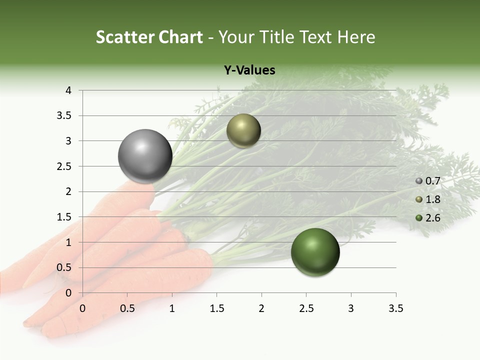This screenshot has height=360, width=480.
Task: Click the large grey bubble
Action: click(x=145, y=156)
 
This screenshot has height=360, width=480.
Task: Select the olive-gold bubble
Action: click(x=243, y=130)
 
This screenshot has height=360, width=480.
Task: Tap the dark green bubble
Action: click(x=315, y=252)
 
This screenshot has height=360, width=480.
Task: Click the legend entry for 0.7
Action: click(x=428, y=180)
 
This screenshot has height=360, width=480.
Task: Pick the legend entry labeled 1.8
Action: click(x=428, y=199)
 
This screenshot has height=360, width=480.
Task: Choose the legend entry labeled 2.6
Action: click(x=428, y=218)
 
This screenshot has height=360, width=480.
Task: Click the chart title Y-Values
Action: click(x=249, y=70)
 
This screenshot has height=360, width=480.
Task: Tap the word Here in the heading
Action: click(x=355, y=37)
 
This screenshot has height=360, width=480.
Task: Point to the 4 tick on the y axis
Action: click(x=68, y=90)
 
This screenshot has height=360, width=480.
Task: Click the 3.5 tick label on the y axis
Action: click(x=65, y=115)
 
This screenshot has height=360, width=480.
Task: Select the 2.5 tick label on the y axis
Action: click(x=65, y=166)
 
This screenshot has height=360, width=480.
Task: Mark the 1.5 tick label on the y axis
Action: click(x=65, y=217)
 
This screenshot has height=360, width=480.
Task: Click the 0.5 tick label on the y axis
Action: click(x=65, y=267)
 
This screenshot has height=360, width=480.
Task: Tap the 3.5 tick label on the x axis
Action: click(x=395, y=308)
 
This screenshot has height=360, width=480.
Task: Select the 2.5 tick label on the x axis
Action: click(x=306, y=308)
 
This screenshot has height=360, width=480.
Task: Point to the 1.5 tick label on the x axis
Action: click(x=216, y=308)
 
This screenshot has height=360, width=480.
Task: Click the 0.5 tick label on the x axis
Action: click(x=127, y=308)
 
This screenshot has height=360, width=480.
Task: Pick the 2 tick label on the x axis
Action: click(x=261, y=308)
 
